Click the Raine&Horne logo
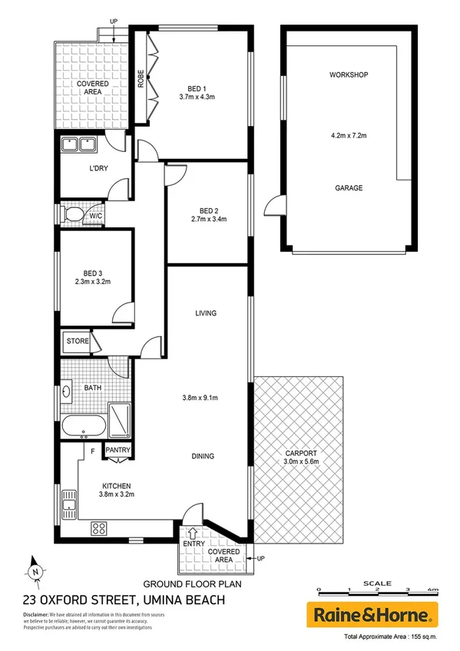point(372,614)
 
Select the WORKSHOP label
point(349,74)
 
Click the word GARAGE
point(349,188)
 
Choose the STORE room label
point(78,341)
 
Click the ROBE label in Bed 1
point(141,78)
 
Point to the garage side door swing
point(272,206)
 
